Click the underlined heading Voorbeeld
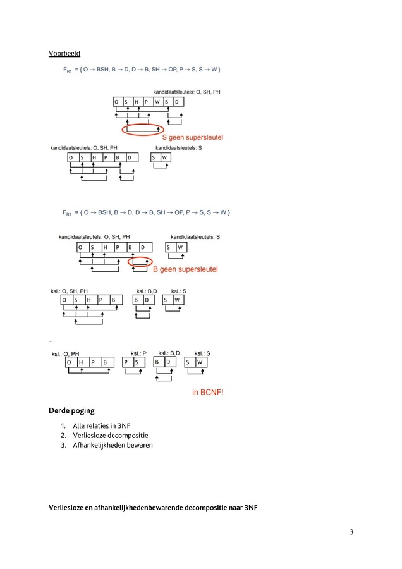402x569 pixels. coord(64,53)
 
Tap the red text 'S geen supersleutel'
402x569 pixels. coord(192,137)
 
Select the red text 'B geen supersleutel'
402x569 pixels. coord(185,269)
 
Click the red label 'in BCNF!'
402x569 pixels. coord(207,392)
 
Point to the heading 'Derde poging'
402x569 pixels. coord(71,410)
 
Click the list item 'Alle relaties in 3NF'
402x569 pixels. coord(101,425)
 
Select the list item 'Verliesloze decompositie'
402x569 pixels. coord(110,436)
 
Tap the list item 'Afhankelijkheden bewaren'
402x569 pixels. coord(113,445)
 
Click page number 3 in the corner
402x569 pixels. coord(351,532)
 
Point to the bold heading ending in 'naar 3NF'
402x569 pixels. coord(153,508)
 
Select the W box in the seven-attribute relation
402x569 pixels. coord(158,102)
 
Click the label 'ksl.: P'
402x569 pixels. coord(138,353)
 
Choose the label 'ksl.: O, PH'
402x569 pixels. coord(65,354)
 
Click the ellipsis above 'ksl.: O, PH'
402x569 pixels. coord(52,341)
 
